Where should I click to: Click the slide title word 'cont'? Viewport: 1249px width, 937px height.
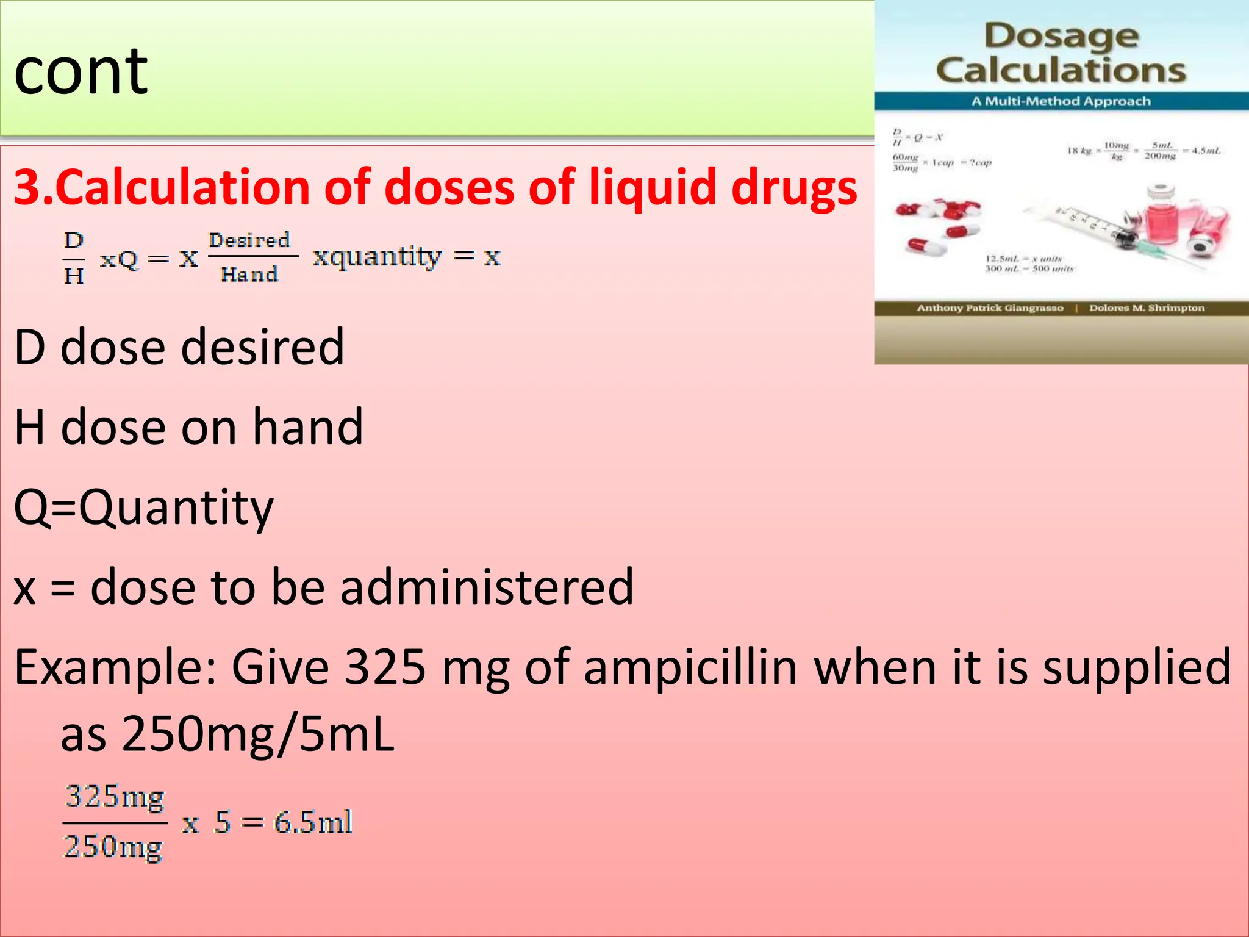(81, 72)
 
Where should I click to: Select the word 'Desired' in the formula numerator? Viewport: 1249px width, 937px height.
(249, 240)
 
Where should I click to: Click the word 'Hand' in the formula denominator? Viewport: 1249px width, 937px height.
(249, 275)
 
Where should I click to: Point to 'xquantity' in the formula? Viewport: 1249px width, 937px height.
(377, 257)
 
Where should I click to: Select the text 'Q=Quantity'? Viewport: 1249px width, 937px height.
(144, 508)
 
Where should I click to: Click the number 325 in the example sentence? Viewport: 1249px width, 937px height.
(385, 667)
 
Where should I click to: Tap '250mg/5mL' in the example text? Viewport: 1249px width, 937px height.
(258, 734)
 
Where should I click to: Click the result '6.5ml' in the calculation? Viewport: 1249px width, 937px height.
(313, 822)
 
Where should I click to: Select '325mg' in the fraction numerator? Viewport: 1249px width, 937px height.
(115, 797)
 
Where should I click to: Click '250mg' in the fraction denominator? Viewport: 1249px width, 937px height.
(113, 847)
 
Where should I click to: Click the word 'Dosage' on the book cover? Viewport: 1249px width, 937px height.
(1061, 37)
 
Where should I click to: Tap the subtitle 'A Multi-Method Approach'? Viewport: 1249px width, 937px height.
(1061, 101)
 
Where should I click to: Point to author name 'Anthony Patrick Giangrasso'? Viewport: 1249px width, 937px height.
(990, 308)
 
